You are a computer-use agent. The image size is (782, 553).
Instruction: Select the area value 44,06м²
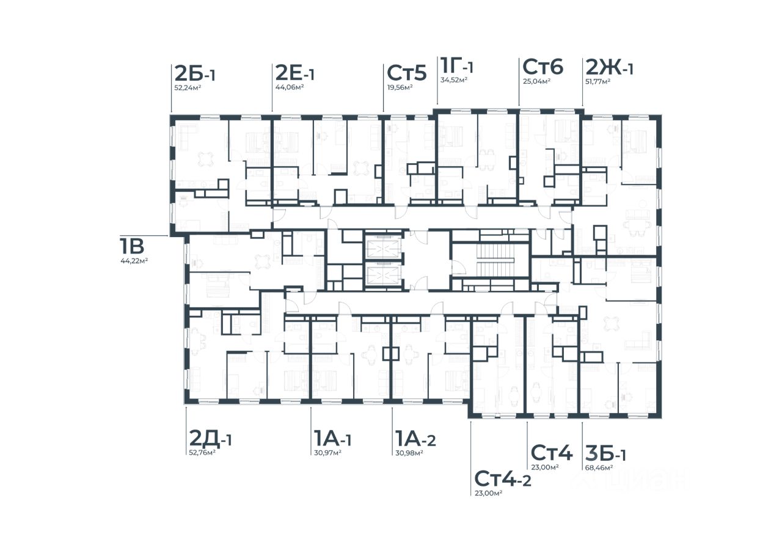pos(290,87)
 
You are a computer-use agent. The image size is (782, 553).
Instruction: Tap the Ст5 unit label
pos(407,73)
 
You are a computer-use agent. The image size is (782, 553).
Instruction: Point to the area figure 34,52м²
pos(454,80)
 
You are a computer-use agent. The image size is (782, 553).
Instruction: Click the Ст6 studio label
pos(543,67)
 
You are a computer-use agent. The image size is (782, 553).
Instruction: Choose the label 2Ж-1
pos(609,67)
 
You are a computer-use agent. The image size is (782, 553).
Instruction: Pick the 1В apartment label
pos(132,246)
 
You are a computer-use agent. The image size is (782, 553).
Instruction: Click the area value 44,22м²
pos(134,260)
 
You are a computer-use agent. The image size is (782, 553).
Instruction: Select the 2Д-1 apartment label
pos(210,439)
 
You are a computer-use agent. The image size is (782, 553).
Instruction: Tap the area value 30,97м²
pos(327,453)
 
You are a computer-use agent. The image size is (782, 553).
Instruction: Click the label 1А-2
pos(415,439)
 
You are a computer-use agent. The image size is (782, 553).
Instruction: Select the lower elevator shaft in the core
pos(382,275)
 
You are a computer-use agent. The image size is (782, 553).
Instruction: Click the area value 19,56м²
pos(400,87)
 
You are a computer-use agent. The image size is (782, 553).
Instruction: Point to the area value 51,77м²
pos(597,82)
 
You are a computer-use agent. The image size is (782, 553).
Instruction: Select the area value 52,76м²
pos(202,453)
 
